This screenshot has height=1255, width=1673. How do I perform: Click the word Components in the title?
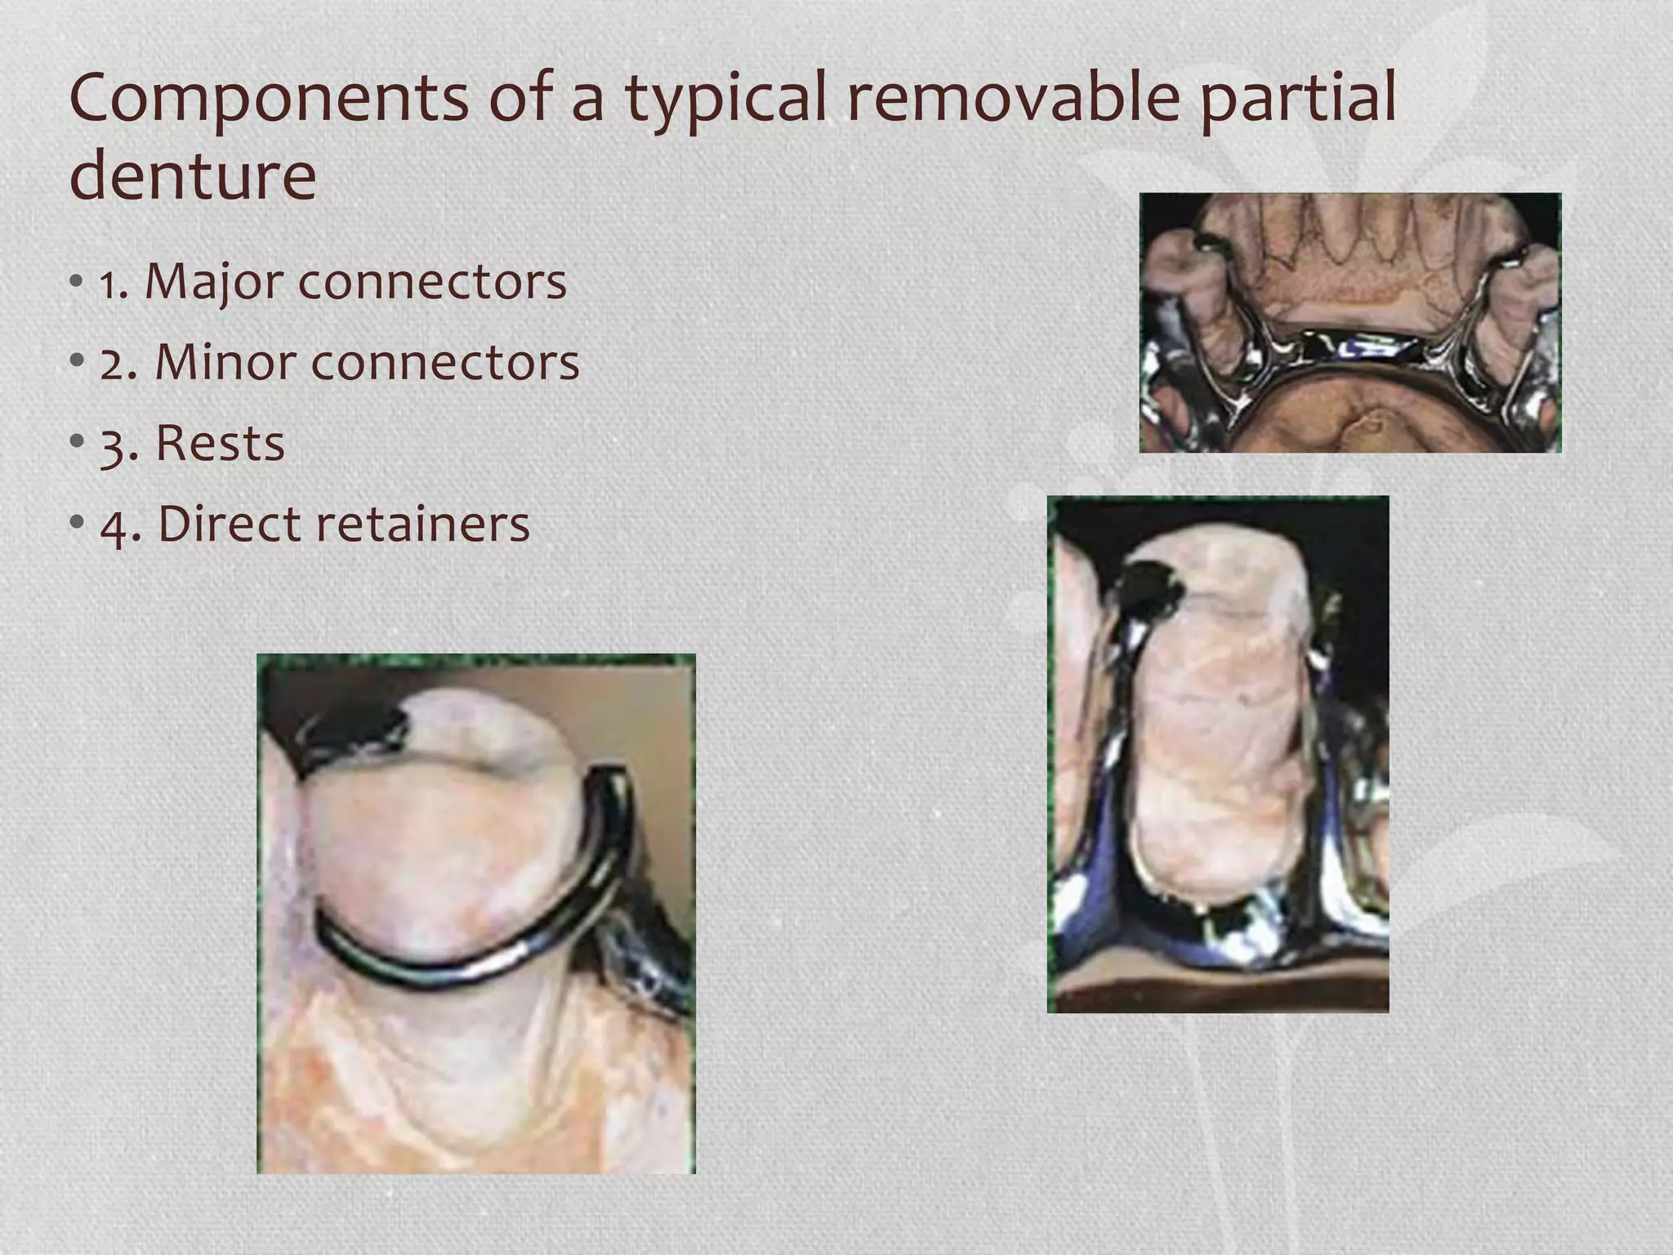[269, 100]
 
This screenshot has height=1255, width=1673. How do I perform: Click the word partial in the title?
[1298, 100]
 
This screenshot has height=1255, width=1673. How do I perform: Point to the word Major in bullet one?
[214, 283]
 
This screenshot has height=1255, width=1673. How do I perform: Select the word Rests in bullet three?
[220, 443]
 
